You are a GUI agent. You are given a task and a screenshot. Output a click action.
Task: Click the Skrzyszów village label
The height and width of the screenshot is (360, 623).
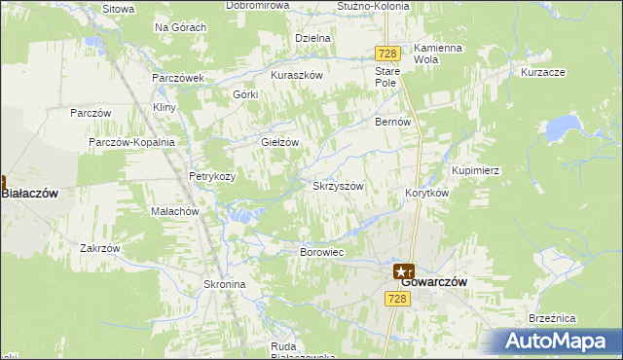(338, 186)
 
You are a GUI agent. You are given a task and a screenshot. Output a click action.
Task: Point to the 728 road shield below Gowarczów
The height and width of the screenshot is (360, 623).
(396, 300)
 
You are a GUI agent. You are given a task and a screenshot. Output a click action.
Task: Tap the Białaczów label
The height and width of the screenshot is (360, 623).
(30, 194)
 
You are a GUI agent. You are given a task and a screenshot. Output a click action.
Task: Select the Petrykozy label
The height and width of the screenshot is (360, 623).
(212, 177)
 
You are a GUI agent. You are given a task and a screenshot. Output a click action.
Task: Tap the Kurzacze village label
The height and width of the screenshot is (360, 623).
(543, 73)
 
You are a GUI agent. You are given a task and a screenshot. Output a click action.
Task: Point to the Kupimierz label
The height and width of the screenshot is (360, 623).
(475, 170)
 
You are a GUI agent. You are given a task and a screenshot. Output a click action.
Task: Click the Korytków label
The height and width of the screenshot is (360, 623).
(425, 193)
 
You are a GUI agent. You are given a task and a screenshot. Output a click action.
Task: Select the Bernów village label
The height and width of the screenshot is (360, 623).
(394, 123)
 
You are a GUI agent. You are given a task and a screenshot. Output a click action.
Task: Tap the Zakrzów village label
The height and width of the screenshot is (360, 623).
(100, 248)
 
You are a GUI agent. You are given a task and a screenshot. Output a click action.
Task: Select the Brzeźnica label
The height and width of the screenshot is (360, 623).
(580, 318)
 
